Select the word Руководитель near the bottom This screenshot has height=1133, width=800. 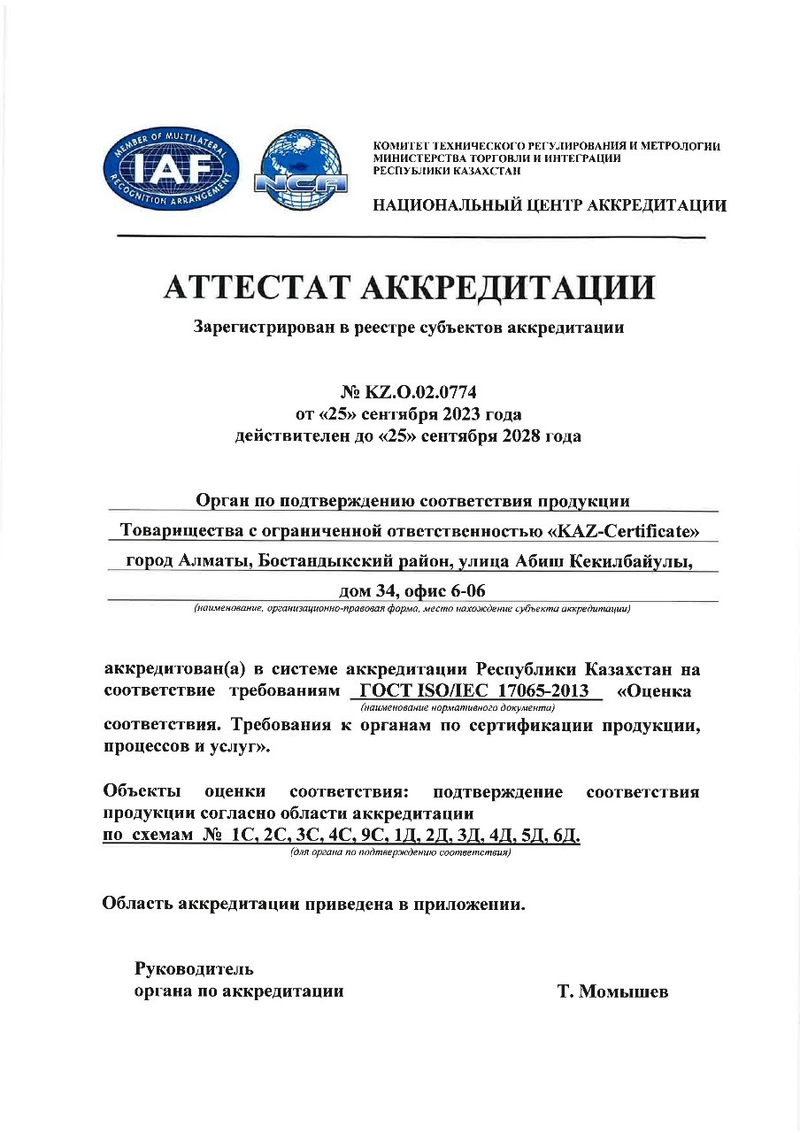[194, 967]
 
